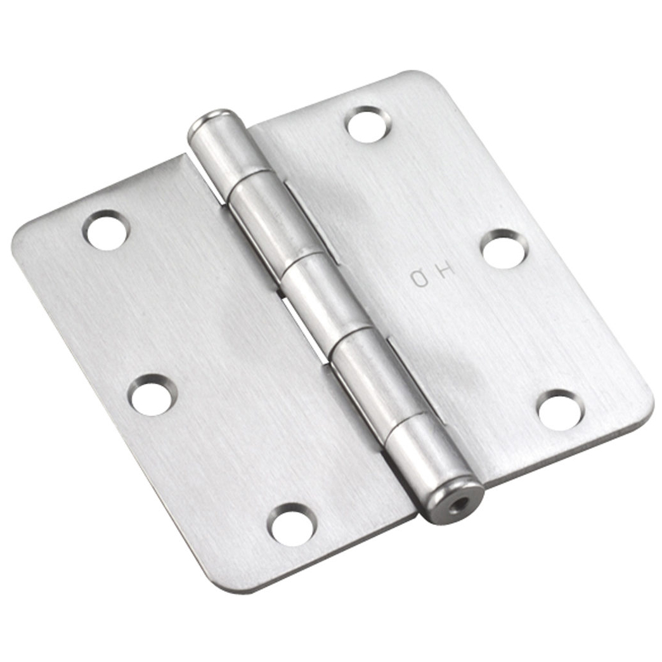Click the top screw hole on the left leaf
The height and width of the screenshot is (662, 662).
click(x=107, y=230)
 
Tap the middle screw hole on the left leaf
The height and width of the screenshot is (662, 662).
click(x=152, y=394)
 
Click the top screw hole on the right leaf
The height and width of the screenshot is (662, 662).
click(x=368, y=124)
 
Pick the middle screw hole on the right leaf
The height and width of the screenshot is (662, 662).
click(x=505, y=249)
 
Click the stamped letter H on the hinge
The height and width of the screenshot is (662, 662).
click(x=445, y=271)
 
